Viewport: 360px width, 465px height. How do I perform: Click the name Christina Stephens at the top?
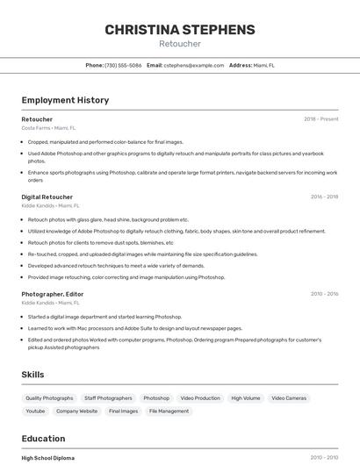[180, 30]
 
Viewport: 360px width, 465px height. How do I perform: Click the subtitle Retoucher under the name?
[180, 44]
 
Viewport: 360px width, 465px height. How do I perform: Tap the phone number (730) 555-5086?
[123, 65]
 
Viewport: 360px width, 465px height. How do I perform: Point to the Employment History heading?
[65, 100]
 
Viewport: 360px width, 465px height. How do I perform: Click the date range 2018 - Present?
[320, 119]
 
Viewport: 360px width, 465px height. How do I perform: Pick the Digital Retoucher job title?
[47, 197]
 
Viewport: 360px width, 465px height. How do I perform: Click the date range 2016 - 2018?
[324, 197]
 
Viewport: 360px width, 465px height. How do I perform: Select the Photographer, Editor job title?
[53, 294]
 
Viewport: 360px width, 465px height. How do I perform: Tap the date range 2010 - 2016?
[324, 294]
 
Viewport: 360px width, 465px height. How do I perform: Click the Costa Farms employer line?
[48, 128]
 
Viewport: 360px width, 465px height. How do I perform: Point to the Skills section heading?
[33, 375]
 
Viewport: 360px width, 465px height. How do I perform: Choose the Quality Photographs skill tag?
[49, 398]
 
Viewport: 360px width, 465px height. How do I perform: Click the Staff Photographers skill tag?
[108, 398]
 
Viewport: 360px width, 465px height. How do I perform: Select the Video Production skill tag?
[201, 398]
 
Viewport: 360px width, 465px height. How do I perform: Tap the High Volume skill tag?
[246, 398]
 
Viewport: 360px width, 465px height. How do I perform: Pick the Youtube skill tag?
[35, 411]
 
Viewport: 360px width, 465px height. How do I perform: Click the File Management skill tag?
[169, 411]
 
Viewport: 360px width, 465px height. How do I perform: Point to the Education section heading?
[43, 439]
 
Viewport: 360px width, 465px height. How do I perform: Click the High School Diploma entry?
[48, 458]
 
